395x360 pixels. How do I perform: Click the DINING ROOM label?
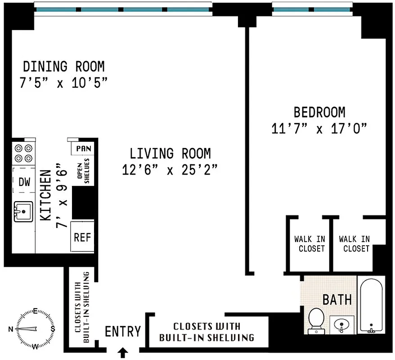63,67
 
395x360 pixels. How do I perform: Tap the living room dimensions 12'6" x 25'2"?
170,170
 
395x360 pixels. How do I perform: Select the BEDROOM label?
319,112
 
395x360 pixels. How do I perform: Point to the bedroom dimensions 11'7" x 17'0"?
319,129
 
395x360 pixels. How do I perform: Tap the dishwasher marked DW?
24,182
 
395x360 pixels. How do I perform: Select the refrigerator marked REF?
82,237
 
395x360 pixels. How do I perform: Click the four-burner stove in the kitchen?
24,153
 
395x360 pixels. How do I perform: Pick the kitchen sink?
23,211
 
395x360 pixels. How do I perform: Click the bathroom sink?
341,324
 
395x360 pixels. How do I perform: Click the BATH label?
337,299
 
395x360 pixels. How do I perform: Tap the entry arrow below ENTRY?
122,352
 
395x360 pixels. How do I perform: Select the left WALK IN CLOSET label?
310,243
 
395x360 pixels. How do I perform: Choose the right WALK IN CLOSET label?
354,243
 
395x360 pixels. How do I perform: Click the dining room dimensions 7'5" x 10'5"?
63,83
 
